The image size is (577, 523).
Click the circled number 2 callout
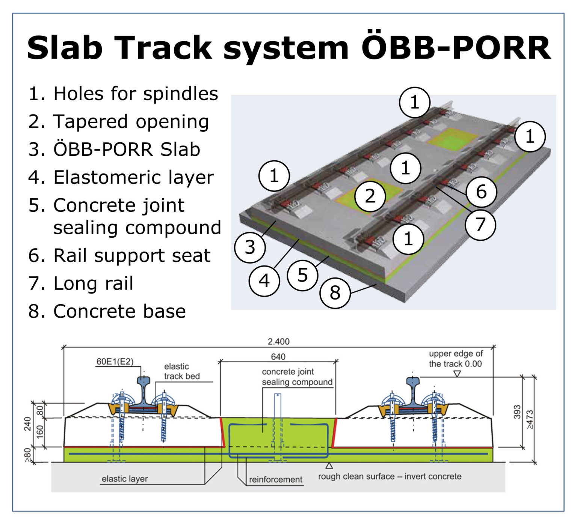[x=370, y=196]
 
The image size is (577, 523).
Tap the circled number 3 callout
[x=250, y=247]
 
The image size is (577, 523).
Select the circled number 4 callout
[x=264, y=281]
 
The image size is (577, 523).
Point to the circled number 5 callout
[x=302, y=275]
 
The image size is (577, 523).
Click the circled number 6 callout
[x=481, y=192]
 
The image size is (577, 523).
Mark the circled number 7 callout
[x=480, y=225]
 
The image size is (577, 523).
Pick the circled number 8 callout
[x=335, y=293]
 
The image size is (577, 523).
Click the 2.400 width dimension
[x=278, y=342]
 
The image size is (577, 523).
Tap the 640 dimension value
[x=278, y=357]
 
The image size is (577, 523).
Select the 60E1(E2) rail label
[x=115, y=362]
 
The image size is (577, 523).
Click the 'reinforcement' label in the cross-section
[x=275, y=479]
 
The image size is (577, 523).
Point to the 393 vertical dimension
[x=517, y=412]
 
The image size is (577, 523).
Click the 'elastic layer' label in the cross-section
[x=125, y=479]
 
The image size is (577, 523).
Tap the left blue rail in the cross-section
[x=143, y=392]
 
